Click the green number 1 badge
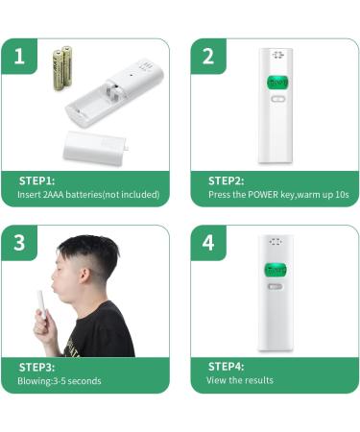click(x=20, y=57)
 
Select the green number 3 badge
click(x=20, y=244)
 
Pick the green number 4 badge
click(x=208, y=244)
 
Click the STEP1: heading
click(x=37, y=180)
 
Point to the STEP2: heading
click(x=227, y=180)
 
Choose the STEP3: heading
click(x=37, y=367)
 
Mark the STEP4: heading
click(x=227, y=367)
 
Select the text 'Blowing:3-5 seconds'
click(x=59, y=381)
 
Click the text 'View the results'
click(x=240, y=381)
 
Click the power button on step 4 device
click(x=276, y=286)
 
